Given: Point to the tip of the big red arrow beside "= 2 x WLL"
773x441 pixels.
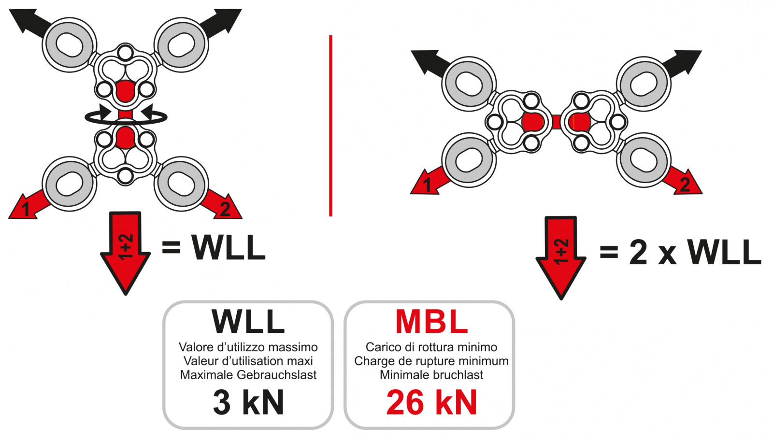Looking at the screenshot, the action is (x=561, y=299).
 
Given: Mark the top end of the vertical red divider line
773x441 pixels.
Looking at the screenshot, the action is (x=330, y=36).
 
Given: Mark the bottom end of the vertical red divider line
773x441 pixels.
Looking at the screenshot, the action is (x=330, y=216).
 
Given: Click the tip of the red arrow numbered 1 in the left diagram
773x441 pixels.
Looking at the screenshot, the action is (x=10, y=217).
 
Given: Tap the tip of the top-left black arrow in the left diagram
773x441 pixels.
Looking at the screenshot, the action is (x=10, y=10).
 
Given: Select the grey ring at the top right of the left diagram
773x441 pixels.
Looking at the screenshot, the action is (x=181, y=45).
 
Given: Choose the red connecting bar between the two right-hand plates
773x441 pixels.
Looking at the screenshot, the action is (x=556, y=122).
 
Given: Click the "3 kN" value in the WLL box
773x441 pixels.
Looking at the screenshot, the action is (x=248, y=402).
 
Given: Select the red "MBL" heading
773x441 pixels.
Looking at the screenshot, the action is (x=431, y=322).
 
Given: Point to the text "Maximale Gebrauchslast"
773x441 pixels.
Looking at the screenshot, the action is (x=248, y=375).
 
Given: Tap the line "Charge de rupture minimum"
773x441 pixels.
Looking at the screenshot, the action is (x=431, y=361).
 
